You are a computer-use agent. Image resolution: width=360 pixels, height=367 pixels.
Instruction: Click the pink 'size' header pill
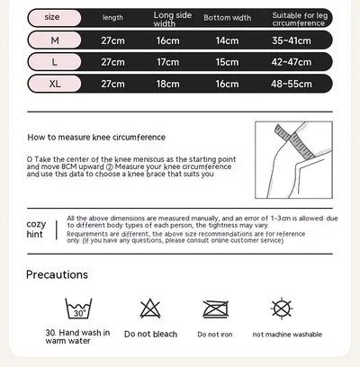[54, 17]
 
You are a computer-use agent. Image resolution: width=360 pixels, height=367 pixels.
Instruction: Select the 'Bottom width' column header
[228, 18]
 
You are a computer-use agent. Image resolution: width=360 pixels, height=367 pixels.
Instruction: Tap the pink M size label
[54, 40]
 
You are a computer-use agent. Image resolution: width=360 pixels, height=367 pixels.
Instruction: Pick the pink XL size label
[54, 84]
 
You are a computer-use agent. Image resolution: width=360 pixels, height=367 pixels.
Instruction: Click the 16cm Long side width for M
[167, 40]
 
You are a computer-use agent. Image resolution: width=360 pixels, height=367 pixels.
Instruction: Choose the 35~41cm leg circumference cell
[292, 40]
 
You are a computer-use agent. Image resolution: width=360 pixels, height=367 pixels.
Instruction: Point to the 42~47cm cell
[292, 62]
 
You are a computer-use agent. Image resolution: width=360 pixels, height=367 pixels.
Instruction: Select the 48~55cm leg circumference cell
[292, 84]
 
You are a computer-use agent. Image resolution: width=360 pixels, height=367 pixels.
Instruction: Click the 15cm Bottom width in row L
[227, 62]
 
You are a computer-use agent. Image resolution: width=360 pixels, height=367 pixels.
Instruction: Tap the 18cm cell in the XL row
[167, 84]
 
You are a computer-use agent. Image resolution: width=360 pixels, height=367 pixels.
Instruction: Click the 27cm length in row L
[112, 62]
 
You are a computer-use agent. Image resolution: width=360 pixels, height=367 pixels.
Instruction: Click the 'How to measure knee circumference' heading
[96, 138]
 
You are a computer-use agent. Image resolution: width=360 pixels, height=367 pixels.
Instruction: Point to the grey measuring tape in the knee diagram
[295, 142]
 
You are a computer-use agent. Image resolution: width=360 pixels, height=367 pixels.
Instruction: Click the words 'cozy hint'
[36, 229]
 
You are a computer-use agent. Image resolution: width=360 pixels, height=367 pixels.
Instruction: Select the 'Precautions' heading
[57, 274]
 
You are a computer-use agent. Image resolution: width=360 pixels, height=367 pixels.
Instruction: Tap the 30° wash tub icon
[78, 309]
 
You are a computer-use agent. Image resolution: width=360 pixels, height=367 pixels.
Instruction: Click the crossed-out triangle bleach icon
[150, 309]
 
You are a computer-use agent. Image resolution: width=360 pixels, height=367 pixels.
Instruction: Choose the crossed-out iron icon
[215, 309]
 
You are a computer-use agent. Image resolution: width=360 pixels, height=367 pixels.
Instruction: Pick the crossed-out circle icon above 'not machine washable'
[282, 309]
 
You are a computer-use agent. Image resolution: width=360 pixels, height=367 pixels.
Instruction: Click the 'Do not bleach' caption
[150, 334]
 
